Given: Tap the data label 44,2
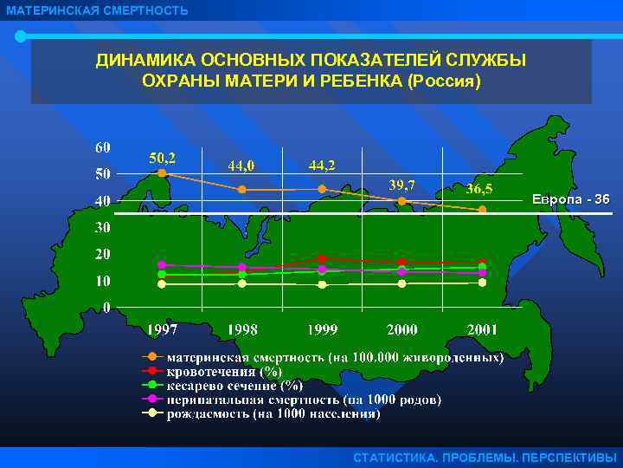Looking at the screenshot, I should coord(323,164).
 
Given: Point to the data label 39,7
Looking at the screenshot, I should coord(402,184).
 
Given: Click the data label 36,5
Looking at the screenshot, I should coord(481,188).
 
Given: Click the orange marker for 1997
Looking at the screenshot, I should coord(162,173).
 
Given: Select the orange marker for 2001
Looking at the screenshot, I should coord(483,210).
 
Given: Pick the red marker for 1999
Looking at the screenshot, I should coord(322,258).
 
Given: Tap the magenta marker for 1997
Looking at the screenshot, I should coord(162,264).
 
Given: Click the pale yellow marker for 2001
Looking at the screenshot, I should coord(483,283).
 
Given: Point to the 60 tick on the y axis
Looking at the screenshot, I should coord(103,146).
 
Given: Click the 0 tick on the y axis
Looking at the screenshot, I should coord(106,308).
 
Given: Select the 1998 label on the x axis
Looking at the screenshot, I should coord(242,330).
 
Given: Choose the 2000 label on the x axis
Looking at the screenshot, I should coord(402,330).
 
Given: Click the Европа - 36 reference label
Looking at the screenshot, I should coord(570,199).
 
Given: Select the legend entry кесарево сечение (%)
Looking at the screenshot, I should coord(234,385).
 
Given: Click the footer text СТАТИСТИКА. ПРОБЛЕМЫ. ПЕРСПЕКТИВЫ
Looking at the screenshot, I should coord(485,458).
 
